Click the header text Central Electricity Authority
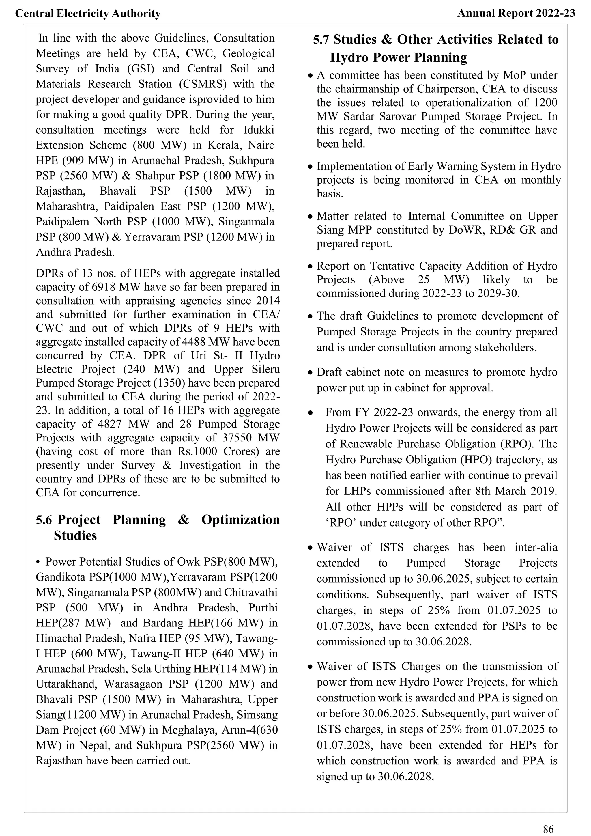tap(88, 14)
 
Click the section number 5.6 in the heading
tap(44, 520)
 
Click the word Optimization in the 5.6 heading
tap(241, 520)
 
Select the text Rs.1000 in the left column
tap(198, 451)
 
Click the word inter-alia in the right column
tap(536, 547)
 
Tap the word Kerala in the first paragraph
tap(223, 145)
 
